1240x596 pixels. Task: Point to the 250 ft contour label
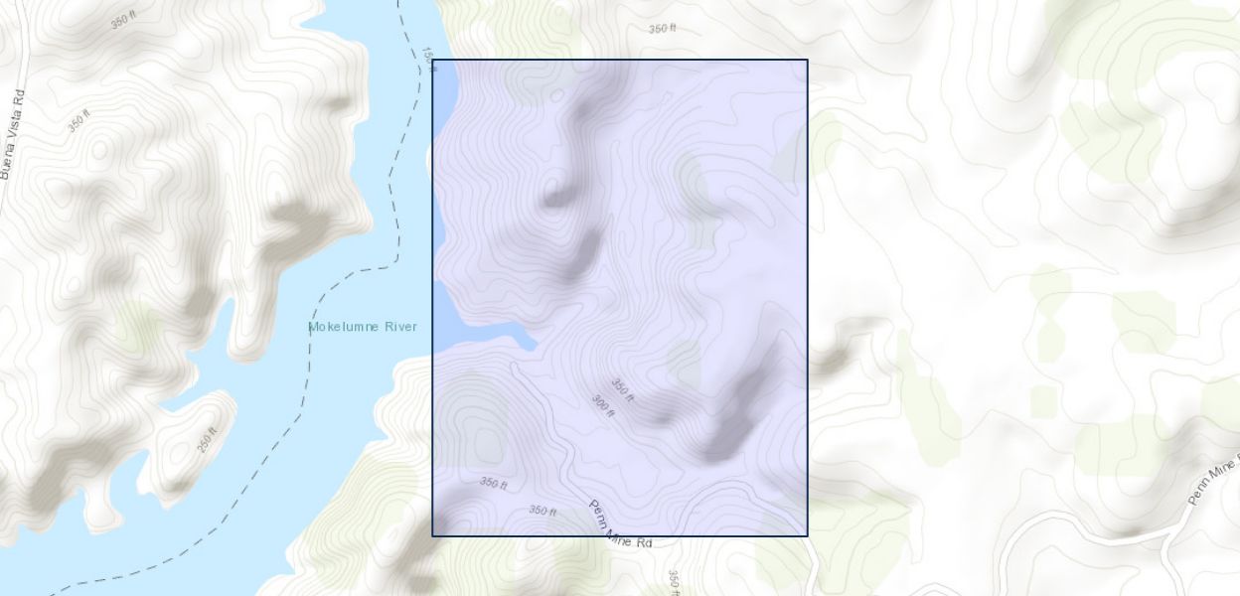206,438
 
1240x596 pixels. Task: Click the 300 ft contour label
603,405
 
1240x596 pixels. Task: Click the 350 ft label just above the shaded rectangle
662,29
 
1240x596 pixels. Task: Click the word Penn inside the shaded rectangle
599,511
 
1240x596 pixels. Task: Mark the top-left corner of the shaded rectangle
432,60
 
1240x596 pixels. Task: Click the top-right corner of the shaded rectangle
807,60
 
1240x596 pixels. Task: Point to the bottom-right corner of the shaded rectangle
807,535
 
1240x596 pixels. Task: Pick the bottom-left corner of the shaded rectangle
432,535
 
